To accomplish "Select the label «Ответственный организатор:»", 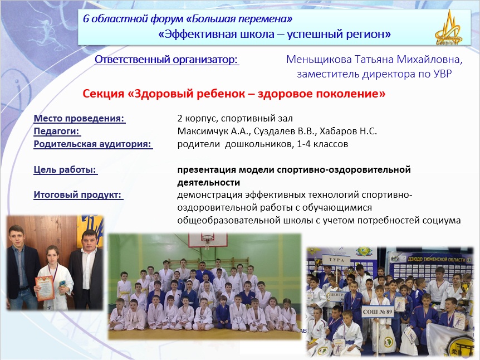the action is point(166,60).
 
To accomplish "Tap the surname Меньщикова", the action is point(319,59).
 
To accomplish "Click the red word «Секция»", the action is point(103,94).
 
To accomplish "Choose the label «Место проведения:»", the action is point(79,118).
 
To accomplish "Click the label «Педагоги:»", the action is point(57,131).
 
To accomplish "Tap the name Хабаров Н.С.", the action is point(348,131).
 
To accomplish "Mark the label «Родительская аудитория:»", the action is point(93,144).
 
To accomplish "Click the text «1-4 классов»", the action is point(322,144).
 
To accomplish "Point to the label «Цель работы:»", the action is point(65,169).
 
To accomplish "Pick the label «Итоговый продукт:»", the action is point(78,194).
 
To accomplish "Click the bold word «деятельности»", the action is point(208,183).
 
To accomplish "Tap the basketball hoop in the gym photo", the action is point(208,239).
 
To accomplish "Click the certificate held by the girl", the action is point(45,288).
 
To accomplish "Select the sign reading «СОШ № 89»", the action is point(377,312).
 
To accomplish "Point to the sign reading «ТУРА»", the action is point(336,260).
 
